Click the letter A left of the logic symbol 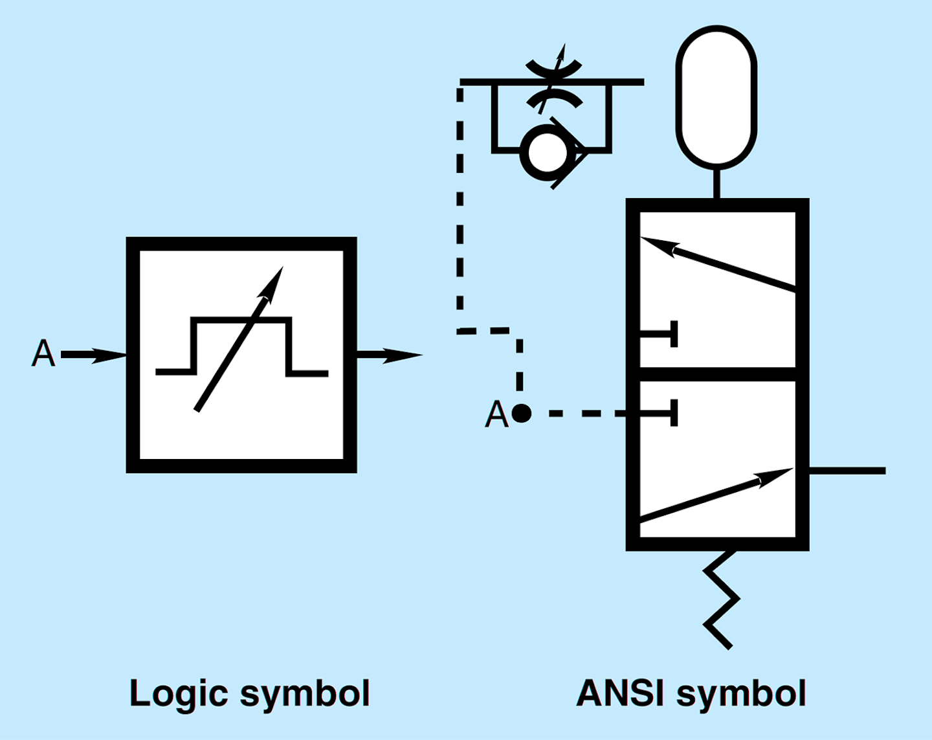pyautogui.click(x=43, y=353)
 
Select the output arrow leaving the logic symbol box pyautogui.click(x=388, y=355)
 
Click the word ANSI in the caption pyautogui.click(x=620, y=693)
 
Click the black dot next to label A pyautogui.click(x=521, y=413)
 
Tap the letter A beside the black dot pyautogui.click(x=496, y=414)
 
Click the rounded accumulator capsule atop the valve pyautogui.click(x=716, y=97)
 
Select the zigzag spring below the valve pyautogui.click(x=721, y=599)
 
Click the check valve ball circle pyautogui.click(x=547, y=153)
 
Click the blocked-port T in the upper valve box pyautogui.click(x=660, y=334)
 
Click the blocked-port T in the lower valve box pyautogui.click(x=660, y=413)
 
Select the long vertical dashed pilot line pyautogui.click(x=460, y=207)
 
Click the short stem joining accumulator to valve pyautogui.click(x=716, y=183)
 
